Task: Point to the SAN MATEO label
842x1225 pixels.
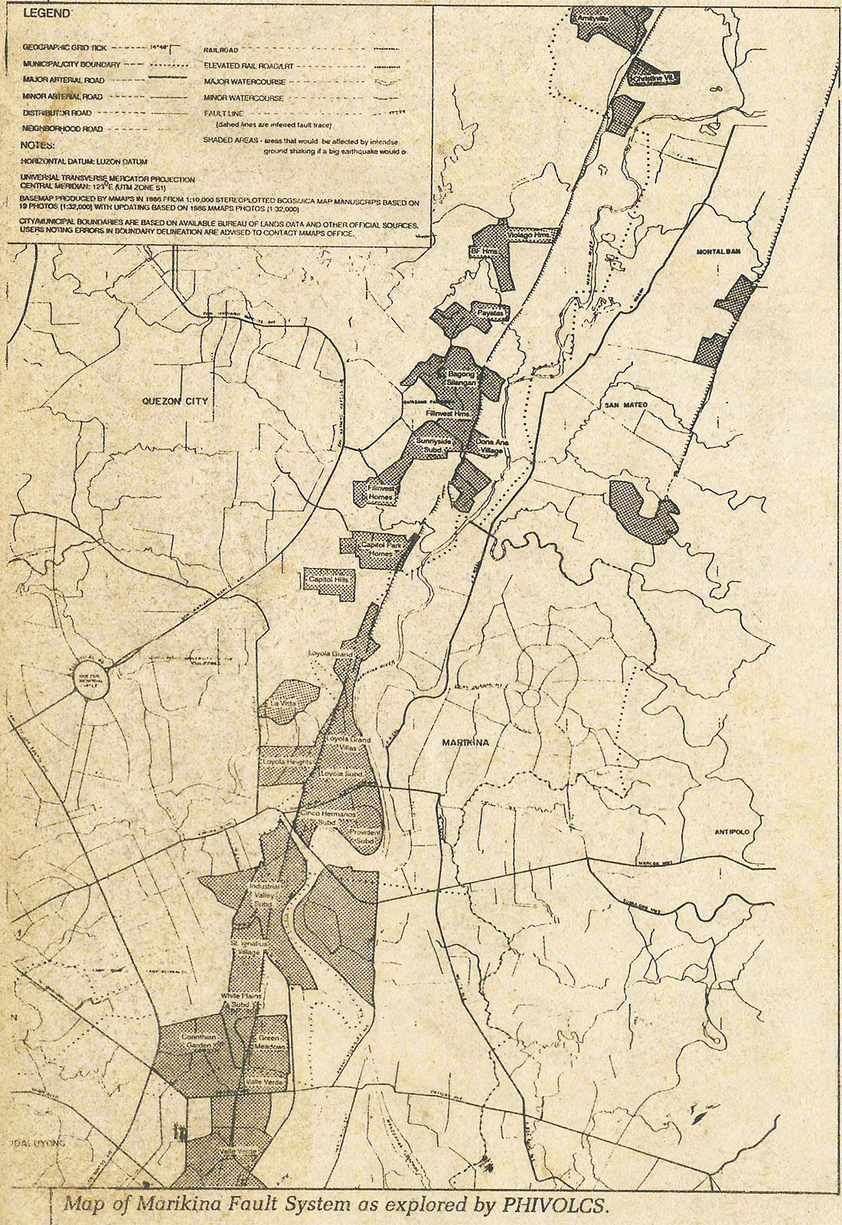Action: point(625,404)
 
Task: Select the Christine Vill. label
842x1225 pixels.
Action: point(653,77)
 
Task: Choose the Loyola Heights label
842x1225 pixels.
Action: point(284,764)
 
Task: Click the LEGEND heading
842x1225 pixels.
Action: point(46,14)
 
